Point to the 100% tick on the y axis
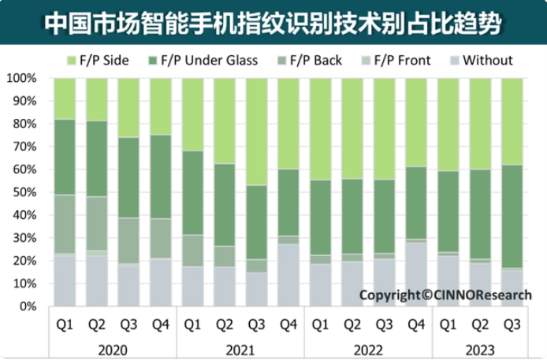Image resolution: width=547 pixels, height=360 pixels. [x=23, y=79]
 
